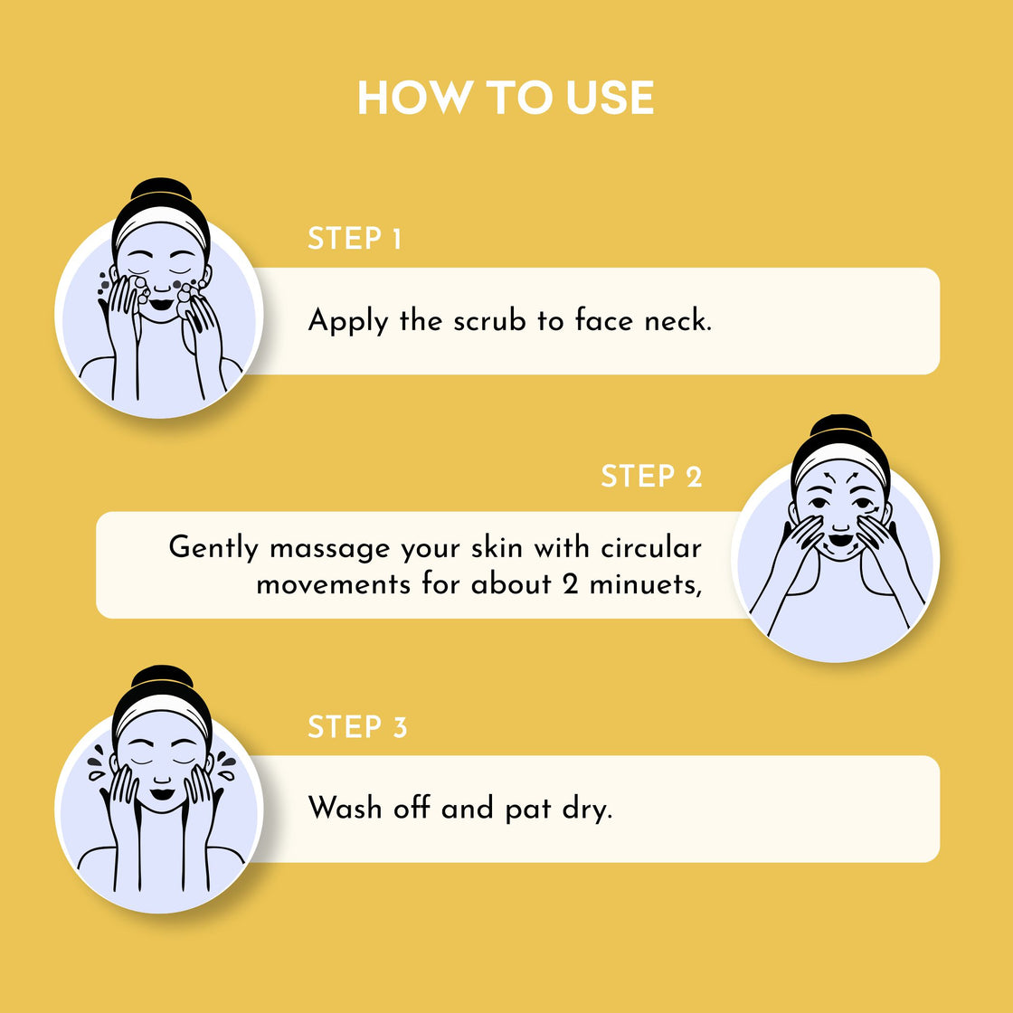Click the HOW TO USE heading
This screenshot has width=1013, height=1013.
[x=506, y=98]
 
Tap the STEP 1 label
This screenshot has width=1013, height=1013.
[x=355, y=239]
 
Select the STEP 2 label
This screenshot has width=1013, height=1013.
[x=651, y=477]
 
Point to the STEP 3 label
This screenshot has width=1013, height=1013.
[x=357, y=727]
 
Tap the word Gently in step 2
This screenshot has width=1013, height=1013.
[x=214, y=549]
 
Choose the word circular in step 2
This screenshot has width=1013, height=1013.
[x=651, y=547]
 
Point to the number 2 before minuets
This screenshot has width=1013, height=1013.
[x=570, y=584]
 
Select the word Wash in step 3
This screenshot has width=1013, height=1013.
[x=345, y=808]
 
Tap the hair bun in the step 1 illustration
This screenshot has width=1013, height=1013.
[x=161, y=191]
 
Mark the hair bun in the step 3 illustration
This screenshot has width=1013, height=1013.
[x=162, y=679]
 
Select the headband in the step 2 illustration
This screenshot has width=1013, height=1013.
[x=840, y=458]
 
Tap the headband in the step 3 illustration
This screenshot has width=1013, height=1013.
[x=162, y=711]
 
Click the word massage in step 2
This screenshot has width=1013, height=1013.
[x=330, y=549]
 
